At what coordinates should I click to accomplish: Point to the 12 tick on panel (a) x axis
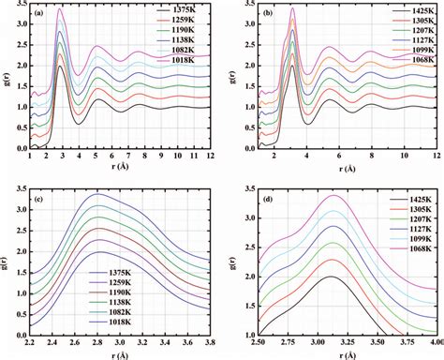coord(211,156)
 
